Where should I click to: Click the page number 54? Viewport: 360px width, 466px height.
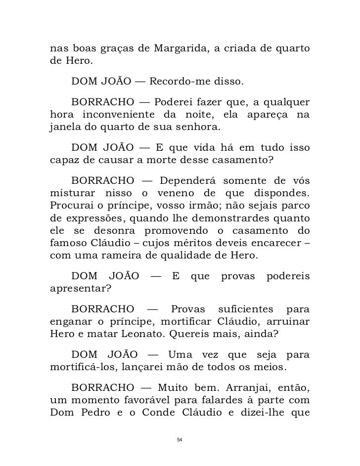[180, 439]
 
